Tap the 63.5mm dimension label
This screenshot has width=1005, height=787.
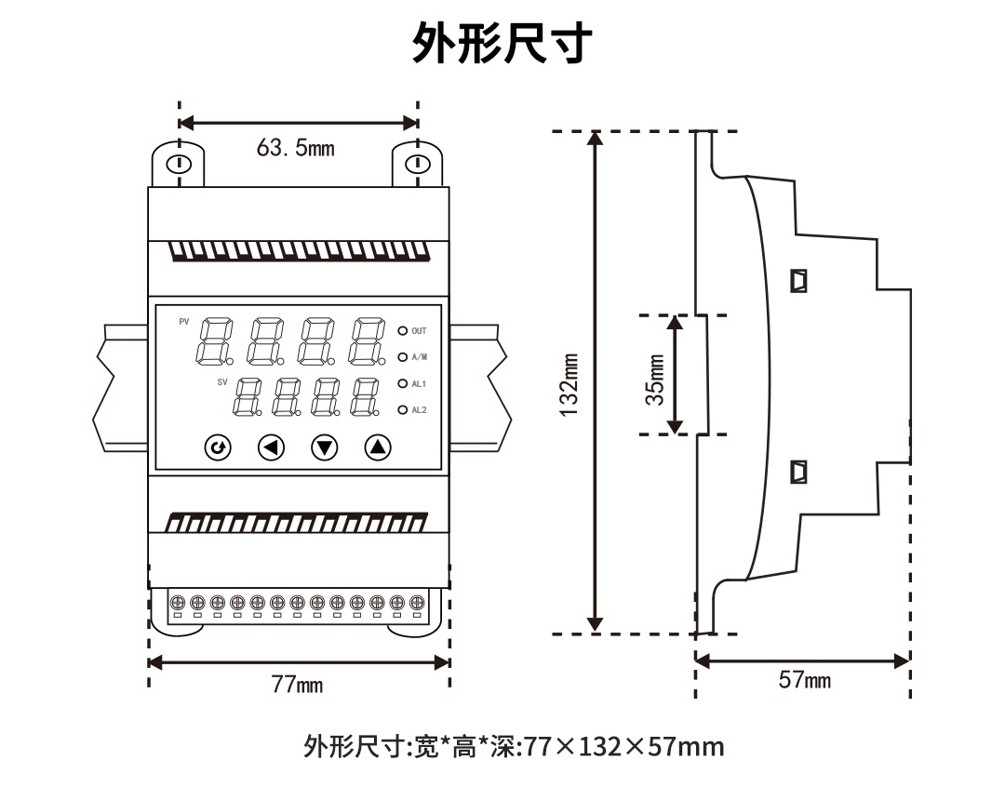[295, 148]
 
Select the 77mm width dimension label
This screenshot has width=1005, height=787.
[297, 686]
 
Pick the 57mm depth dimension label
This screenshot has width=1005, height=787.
[804, 681]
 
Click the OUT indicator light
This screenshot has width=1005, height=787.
[403, 330]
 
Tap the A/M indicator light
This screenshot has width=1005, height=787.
[403, 356]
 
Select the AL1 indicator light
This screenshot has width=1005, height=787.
[403, 383]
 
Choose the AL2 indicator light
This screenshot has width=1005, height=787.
[403, 409]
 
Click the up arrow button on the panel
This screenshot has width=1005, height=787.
[377, 448]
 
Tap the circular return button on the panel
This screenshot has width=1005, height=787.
[218, 448]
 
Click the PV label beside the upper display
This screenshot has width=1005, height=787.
[183, 322]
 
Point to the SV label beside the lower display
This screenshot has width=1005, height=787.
[222, 382]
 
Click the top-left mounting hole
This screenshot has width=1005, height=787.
[178, 166]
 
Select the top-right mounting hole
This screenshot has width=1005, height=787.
[418, 166]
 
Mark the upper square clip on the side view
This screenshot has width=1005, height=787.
[797, 280]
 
